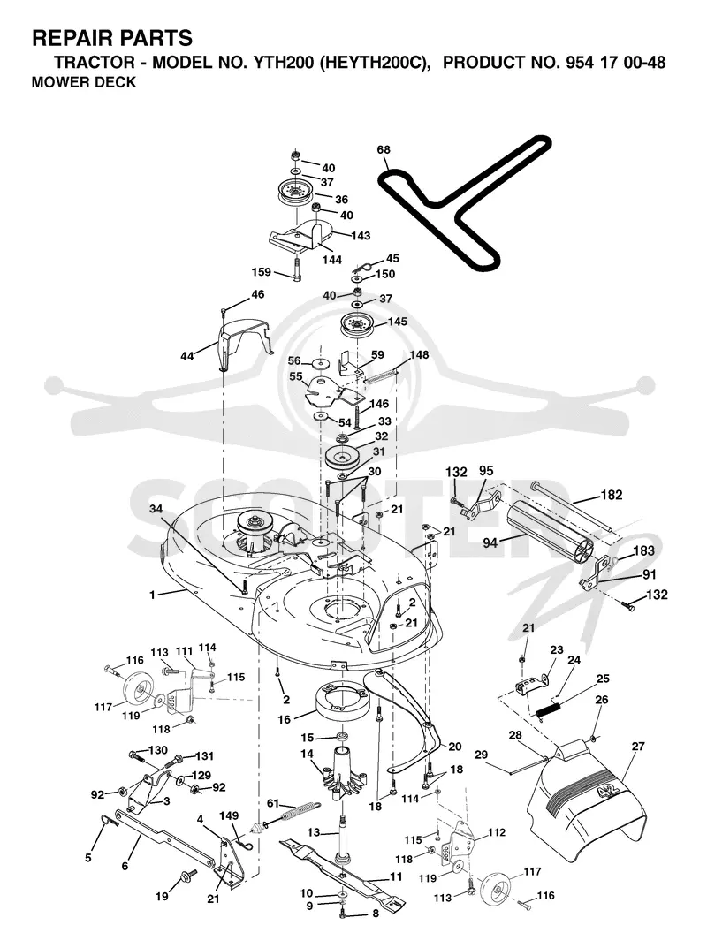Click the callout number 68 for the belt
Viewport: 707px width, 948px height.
[x=384, y=150]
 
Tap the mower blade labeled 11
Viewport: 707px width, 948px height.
[x=342, y=871]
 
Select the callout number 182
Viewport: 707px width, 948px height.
[x=612, y=495]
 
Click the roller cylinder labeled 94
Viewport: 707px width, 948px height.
[x=550, y=532]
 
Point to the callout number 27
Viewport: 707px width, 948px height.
[x=638, y=747]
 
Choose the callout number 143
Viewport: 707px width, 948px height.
[x=361, y=236]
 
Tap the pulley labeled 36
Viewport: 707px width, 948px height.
[x=293, y=192]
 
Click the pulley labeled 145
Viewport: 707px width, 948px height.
[x=360, y=325]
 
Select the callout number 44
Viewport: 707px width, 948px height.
[x=186, y=357]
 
